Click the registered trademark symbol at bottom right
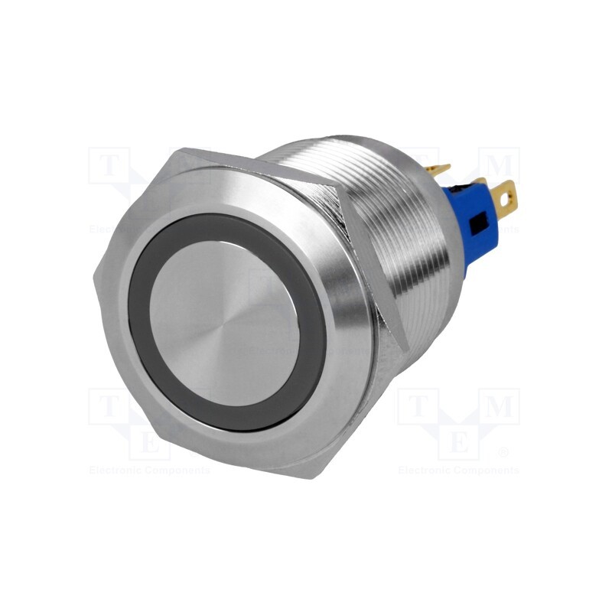tap(503, 452)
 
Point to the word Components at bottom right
tap(487, 470)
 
